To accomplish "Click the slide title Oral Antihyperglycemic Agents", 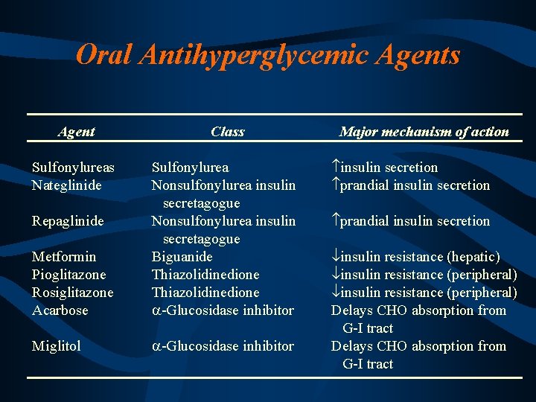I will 268,54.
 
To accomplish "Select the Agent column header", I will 77,132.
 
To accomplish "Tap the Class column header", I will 227,132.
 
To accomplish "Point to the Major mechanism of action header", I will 424,132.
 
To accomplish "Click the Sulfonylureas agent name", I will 72,167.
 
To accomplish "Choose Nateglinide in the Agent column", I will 67,185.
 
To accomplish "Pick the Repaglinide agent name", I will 67,221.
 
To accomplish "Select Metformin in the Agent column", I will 64,257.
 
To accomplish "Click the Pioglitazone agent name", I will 68,275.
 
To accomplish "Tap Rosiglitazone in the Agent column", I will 72,293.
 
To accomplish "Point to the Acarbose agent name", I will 60,310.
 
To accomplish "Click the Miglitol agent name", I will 57,346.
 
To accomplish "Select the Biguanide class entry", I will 182,257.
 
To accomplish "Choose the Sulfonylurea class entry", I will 190,167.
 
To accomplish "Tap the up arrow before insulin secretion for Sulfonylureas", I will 336,167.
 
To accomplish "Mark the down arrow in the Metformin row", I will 336,257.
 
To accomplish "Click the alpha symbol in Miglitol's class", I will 156,347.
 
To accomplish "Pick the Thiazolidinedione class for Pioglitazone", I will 205,275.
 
